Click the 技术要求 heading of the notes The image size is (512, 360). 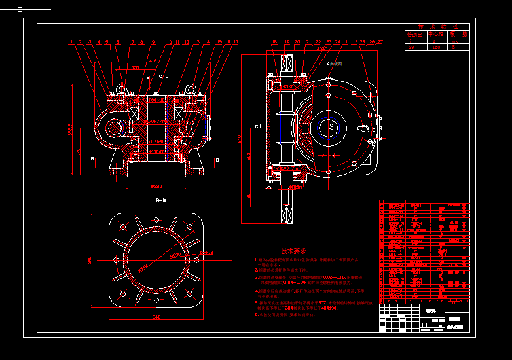pos(294,251)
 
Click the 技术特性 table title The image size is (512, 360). pos(437,26)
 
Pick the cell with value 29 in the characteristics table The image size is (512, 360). pos(411,47)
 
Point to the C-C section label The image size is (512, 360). pos(164,77)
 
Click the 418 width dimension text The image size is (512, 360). pos(153,61)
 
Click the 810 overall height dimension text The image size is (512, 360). pos(240,137)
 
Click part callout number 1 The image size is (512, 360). pos(70,42)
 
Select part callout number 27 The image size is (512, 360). pos(380,42)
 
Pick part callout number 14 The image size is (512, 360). pos(207,42)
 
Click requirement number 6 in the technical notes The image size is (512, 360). pos(257,315)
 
